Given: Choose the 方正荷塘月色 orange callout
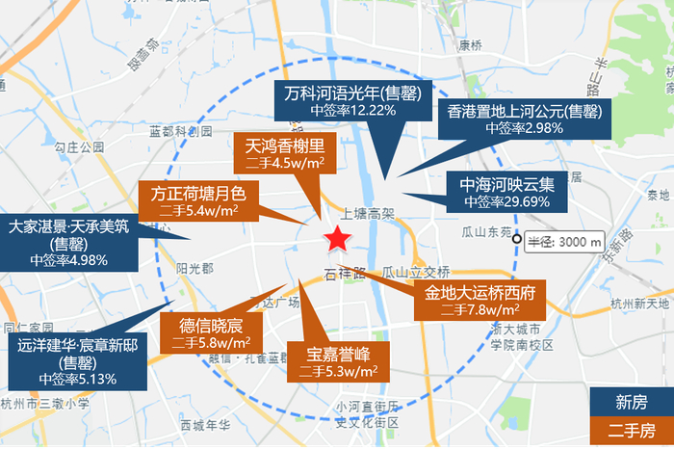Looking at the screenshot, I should pyautogui.click(x=198, y=199).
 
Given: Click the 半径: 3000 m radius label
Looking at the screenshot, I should pyautogui.click(x=565, y=241).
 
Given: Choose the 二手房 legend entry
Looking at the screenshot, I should pyautogui.click(x=631, y=432).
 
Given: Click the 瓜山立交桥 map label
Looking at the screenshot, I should pyautogui.click(x=416, y=272).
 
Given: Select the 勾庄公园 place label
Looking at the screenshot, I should pyautogui.click(x=79, y=147).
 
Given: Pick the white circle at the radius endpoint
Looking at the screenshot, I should pyautogui.click(x=518, y=240).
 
